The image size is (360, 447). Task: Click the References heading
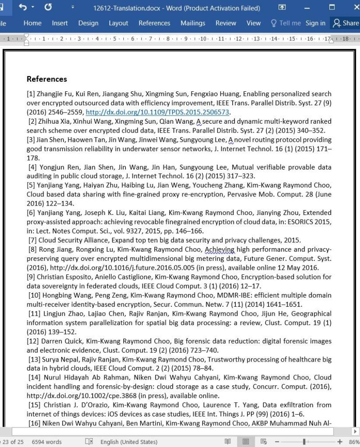pyautogui.click(x=47, y=79)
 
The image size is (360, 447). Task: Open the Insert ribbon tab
pyautogui.click(x=60, y=23)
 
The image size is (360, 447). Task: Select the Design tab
pyautogui.click(x=89, y=23)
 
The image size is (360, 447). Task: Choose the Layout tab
pyautogui.click(x=118, y=23)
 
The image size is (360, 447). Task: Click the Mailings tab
pyautogui.click(x=193, y=23)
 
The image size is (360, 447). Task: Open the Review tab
pyautogui.click(x=225, y=23)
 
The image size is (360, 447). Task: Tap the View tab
pyautogui.click(x=253, y=23)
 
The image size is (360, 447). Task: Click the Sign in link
pyautogui.click(x=315, y=23)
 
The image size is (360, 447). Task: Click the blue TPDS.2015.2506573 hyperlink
pyautogui.click(x=157, y=112)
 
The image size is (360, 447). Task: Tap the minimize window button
pyautogui.click(x=307, y=8)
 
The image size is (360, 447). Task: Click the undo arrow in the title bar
pyautogui.click(x=23, y=8)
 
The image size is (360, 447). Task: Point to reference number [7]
pyautogui.click(x=32, y=240)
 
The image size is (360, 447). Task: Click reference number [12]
pyautogui.click(x=33, y=341)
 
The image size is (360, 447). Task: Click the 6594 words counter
pyautogui.click(x=47, y=442)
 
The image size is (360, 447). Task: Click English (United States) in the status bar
pyautogui.click(x=129, y=442)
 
